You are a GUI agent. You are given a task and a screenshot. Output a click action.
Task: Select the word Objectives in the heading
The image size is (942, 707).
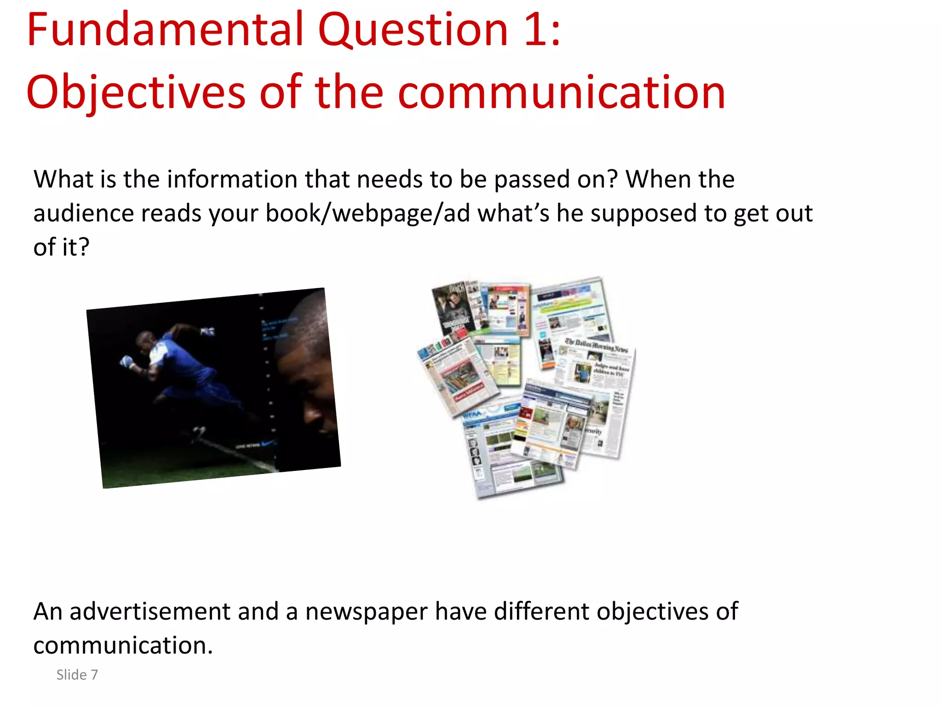[136, 93]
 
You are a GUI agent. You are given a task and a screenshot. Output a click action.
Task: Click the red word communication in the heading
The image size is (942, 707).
[561, 93]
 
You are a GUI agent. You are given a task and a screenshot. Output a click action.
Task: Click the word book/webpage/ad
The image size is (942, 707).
[368, 214]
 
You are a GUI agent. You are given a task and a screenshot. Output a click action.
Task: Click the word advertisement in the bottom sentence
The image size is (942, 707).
[149, 612]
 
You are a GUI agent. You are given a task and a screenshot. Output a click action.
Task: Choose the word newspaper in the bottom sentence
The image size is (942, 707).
[366, 612]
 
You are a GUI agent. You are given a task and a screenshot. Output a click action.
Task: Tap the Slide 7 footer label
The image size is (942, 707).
[77, 675]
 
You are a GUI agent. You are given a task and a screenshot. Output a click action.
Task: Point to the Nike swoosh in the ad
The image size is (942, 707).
[268, 444]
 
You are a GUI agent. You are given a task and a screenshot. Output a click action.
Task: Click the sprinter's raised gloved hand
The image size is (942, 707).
[208, 331]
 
